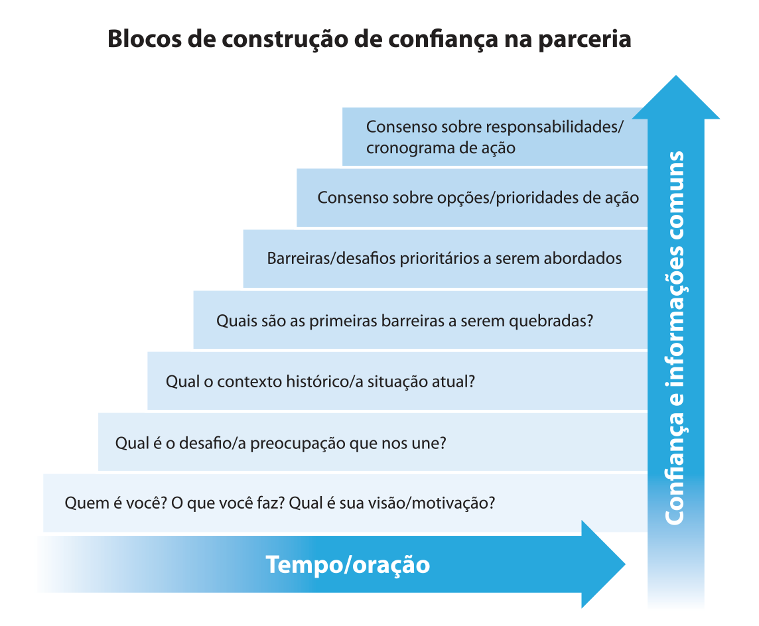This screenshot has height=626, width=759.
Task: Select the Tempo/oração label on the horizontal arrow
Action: click(348, 565)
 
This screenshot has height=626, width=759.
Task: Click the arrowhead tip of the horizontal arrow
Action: click(625, 564)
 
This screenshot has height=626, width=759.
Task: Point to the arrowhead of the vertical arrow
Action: click(676, 97)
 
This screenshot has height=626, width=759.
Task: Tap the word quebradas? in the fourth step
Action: click(551, 321)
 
